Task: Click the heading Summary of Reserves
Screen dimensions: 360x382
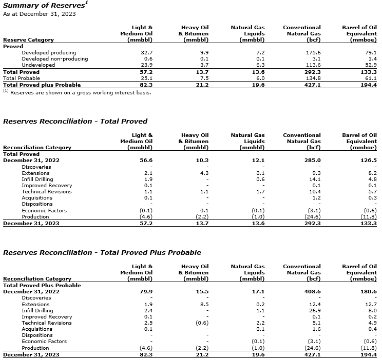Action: point(43,5)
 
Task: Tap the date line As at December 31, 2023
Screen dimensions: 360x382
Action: point(39,14)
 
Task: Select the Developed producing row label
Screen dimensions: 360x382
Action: point(49,52)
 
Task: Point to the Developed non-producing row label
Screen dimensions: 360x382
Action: point(54,58)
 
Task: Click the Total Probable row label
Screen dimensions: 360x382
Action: point(22,78)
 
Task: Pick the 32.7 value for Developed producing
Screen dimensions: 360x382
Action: point(147,52)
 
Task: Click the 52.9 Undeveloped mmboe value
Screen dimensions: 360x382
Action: point(370,65)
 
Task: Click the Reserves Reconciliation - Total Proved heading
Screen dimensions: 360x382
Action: point(75,122)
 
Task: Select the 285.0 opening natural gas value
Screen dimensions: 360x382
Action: point(313,160)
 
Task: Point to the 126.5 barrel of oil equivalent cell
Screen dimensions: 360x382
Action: point(369,160)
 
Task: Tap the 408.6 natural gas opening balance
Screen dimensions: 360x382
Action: point(313,291)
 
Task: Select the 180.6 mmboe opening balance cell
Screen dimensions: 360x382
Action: point(369,291)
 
